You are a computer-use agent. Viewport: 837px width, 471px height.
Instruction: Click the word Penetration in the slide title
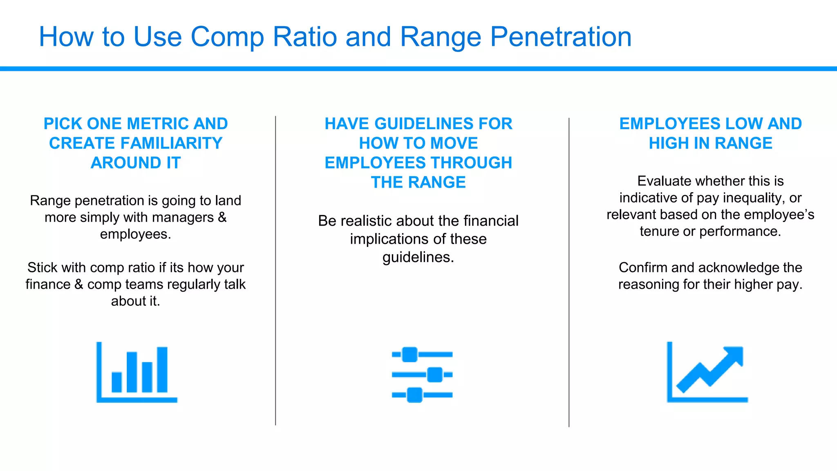561,37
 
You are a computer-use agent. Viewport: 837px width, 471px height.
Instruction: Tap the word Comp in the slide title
227,37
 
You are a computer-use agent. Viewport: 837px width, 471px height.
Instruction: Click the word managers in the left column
187,218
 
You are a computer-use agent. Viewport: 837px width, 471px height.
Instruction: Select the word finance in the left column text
48,284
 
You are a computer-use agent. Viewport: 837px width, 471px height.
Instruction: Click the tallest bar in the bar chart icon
162,369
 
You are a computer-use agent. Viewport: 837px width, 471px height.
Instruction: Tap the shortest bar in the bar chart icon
116,382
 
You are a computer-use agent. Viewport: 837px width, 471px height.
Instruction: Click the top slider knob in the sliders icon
410,354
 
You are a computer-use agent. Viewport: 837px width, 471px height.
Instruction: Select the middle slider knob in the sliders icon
434,375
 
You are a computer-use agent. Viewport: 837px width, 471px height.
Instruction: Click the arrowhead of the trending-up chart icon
734,355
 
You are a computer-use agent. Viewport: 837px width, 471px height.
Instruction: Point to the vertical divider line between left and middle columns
275,270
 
